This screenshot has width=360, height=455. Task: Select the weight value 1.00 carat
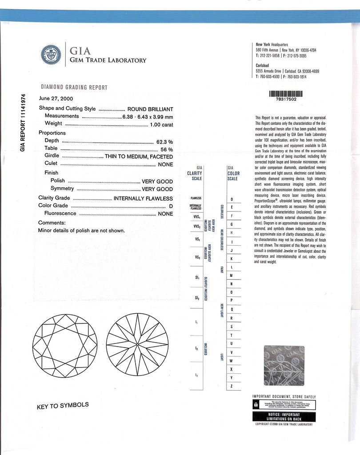[161, 124]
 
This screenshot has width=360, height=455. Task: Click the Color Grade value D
[171, 205]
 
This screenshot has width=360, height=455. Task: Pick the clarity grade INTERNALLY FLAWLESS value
[143, 198]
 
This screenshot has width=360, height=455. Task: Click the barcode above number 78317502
[286, 94]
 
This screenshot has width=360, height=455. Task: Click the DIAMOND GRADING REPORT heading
[74, 88]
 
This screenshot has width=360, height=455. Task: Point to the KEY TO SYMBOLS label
[63, 405]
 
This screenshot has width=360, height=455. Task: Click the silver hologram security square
[284, 366]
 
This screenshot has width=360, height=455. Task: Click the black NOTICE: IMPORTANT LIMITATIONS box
[284, 416]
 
